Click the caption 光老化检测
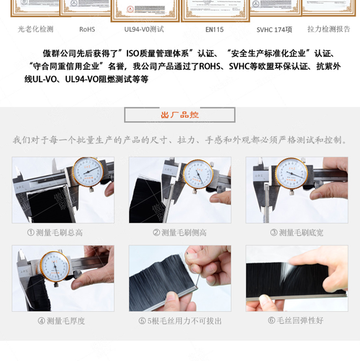tap(35, 29)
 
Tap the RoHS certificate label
tap(87, 29)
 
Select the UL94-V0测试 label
tap(144, 29)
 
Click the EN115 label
tap(214, 29)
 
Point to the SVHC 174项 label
tap(274, 30)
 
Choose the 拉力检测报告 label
tap(329, 29)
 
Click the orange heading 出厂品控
tap(179, 115)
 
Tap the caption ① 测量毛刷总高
tap(55, 233)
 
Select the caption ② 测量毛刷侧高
tap(179, 233)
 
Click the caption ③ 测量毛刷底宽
tap(297, 233)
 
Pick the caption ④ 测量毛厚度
tap(61, 321)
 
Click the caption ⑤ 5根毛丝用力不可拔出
tap(180, 321)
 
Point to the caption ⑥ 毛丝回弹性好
tap(296, 320)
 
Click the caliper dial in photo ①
tap(88, 172)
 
